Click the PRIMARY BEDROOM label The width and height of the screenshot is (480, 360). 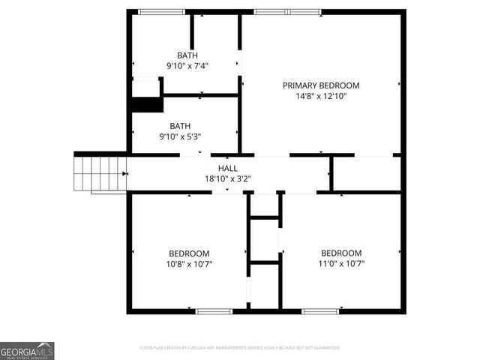(x=320, y=85)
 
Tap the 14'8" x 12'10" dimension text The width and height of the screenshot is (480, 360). (x=320, y=96)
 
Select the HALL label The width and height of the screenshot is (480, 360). (x=228, y=169)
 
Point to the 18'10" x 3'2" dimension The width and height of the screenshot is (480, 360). (x=228, y=179)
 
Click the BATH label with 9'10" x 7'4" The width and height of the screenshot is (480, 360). (x=187, y=55)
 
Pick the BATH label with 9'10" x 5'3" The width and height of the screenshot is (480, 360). (x=179, y=126)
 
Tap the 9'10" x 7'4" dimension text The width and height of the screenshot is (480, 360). (x=187, y=66)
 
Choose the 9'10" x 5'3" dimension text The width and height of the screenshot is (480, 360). (x=179, y=136)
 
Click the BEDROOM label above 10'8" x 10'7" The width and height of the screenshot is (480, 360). (x=188, y=253)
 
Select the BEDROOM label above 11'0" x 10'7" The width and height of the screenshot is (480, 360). (x=341, y=253)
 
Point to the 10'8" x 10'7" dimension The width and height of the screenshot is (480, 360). (x=188, y=264)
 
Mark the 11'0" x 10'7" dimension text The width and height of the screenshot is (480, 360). (x=341, y=264)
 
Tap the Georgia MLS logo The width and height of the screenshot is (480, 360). (x=27, y=350)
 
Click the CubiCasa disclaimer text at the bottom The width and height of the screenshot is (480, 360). (x=240, y=348)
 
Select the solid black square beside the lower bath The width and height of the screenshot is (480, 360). (x=147, y=104)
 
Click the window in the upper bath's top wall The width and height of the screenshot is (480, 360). (x=161, y=12)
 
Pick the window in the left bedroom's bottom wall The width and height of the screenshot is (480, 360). (x=214, y=310)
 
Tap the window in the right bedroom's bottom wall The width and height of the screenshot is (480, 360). (x=319, y=310)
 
